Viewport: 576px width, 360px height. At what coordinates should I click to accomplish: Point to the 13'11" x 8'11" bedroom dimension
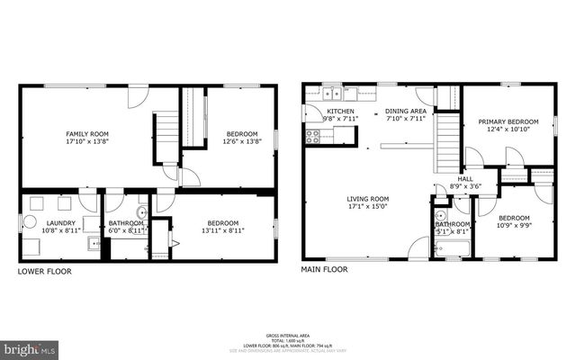[x=222, y=231]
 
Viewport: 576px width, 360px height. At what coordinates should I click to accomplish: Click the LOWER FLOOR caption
[x=45, y=270]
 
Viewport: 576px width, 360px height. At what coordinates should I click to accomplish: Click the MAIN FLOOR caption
[x=324, y=269]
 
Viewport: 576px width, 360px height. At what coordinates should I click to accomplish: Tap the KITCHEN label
[x=340, y=111]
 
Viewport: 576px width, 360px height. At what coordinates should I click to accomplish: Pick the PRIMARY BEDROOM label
[x=508, y=121]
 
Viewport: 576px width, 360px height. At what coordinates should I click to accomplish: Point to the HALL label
[x=465, y=179]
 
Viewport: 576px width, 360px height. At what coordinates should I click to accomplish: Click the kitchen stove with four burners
[x=313, y=137]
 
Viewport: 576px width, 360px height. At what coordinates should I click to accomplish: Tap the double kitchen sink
[x=333, y=91]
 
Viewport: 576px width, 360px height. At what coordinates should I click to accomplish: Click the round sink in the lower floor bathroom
[x=141, y=213]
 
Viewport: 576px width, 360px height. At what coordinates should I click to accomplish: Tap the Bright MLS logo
[x=30, y=346]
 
